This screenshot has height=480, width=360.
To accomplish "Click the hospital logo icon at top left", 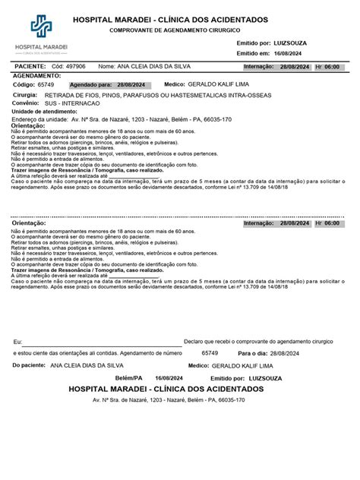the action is tap(40, 27).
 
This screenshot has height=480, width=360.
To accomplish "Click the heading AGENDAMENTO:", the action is tap(35, 76).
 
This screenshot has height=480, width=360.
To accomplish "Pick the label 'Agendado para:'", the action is tap(90, 85).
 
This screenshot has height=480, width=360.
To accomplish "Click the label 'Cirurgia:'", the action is tap(24, 96).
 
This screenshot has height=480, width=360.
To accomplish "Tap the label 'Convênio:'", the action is tap(25, 103).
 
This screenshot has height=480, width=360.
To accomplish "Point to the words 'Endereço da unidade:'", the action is tap(40, 120).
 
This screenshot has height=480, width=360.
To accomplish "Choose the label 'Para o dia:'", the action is tap(252, 353).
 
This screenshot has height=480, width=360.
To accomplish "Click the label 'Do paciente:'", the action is tap(29, 365).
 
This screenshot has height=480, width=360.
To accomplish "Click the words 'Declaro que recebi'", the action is tap(209, 343).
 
